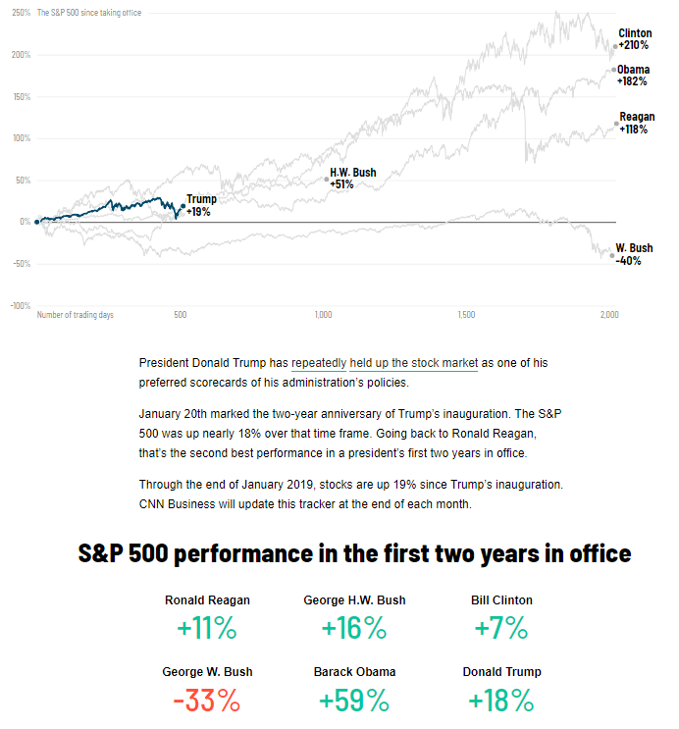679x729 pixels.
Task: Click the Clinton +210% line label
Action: coord(635,39)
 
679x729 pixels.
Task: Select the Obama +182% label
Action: coord(633,76)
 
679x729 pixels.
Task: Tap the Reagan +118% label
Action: coord(636,123)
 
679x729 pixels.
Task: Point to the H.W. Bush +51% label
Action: coord(352,178)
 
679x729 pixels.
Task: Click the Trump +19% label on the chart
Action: coord(200,205)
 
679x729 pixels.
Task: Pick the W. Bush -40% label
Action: coord(633,254)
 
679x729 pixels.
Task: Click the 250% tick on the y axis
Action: coord(21,13)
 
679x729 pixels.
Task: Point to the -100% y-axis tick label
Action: coord(20,306)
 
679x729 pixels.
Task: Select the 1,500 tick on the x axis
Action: coord(466,315)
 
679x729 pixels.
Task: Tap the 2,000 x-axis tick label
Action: coord(608,315)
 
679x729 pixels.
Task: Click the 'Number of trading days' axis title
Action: coord(76,315)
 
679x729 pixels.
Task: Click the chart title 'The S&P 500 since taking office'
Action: coord(82,13)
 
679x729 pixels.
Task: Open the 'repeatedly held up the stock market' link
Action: coord(385,363)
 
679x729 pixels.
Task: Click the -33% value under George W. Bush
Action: coord(207,701)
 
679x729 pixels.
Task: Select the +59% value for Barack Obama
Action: coord(353,701)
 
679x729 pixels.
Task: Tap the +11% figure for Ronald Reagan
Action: coord(207,629)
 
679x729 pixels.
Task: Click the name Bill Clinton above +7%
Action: coord(501,599)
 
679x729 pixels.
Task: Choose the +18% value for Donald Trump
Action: coord(501,701)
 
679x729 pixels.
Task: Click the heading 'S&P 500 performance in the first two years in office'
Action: coord(354,553)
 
